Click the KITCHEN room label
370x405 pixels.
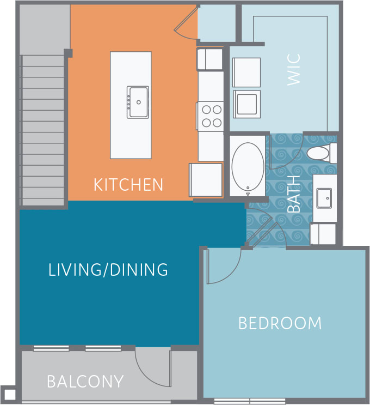click(x=128, y=184)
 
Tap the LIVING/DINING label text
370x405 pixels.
click(x=108, y=270)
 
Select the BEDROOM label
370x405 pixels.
click(x=280, y=323)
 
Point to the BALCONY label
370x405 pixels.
click(x=85, y=381)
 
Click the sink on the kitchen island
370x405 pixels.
click(x=138, y=102)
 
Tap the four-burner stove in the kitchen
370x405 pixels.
click(x=211, y=116)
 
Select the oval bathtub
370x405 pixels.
click(x=248, y=166)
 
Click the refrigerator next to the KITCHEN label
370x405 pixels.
click(x=206, y=179)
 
